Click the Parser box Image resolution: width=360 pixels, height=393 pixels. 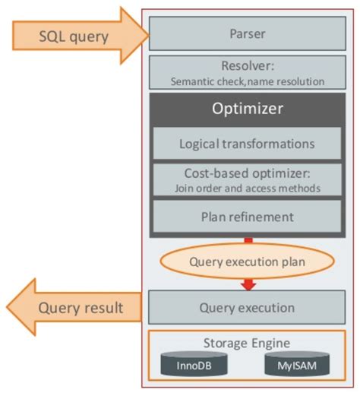coord(247,34)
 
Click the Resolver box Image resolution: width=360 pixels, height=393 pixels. coord(247,72)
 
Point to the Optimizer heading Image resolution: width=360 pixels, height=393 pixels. coord(247,109)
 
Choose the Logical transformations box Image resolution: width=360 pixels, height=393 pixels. coord(247,143)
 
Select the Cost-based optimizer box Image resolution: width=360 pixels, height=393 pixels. coord(247,179)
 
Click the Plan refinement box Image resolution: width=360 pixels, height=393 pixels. coord(247,217)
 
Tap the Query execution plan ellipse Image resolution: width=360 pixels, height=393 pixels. coord(247,262)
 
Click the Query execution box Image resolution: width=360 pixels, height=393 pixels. coord(247,308)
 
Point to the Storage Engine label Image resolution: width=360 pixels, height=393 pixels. coord(247,343)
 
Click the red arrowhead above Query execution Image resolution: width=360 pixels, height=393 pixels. coord(248,286)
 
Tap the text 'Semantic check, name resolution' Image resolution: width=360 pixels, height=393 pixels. coord(247,81)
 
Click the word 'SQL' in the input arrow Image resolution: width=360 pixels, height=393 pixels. coord(55,35)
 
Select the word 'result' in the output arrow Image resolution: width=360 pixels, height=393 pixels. coord(118,308)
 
